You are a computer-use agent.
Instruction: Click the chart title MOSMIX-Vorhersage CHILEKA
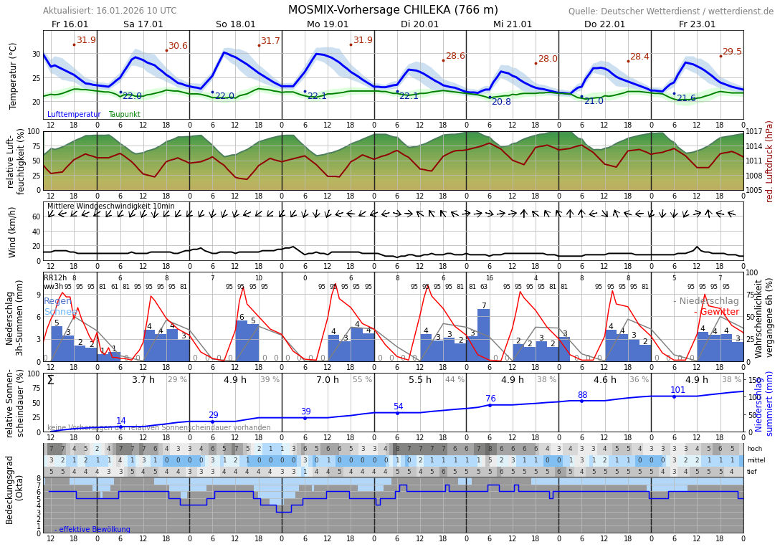pos(393,10)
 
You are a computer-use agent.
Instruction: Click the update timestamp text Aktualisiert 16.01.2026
pos(110,11)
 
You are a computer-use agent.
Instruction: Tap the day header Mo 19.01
pos(328,24)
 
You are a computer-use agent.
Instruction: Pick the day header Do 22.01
pos(604,24)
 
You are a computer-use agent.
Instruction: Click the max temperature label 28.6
pos(455,56)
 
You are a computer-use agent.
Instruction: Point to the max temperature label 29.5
pos(732,52)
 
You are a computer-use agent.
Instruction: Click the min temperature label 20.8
pos(501,102)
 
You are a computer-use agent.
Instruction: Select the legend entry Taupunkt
pos(124,115)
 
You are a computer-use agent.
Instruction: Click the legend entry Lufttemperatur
pos(74,115)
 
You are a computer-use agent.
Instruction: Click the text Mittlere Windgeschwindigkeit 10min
pos(110,206)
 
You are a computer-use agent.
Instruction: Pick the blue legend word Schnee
pos(60,312)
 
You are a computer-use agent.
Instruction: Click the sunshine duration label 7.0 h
pos(328,380)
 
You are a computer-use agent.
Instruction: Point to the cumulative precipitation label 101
pos(677,390)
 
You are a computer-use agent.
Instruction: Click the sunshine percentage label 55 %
pos(362,380)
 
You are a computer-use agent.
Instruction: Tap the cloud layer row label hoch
pos(755,449)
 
